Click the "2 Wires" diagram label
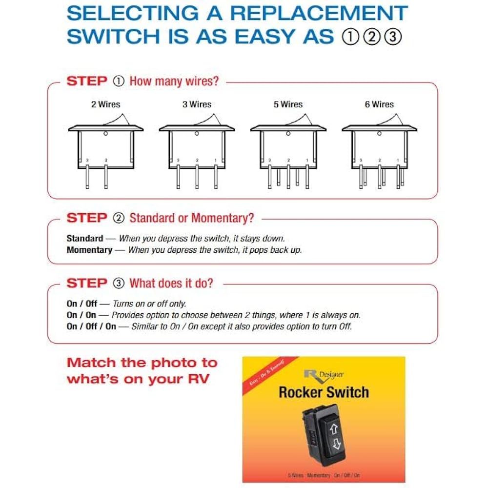105,104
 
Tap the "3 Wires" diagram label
197,104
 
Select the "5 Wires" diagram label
288,104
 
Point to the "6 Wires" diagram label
379,104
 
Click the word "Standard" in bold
85,239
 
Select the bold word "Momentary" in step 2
89,250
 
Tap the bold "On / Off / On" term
91,326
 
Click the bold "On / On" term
81,315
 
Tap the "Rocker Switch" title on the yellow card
324,392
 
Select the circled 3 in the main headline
393,37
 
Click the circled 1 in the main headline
350,37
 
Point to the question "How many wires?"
174,81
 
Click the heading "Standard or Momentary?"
192,218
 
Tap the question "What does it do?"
171,284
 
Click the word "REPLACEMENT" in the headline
319,13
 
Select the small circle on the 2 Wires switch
106,133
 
